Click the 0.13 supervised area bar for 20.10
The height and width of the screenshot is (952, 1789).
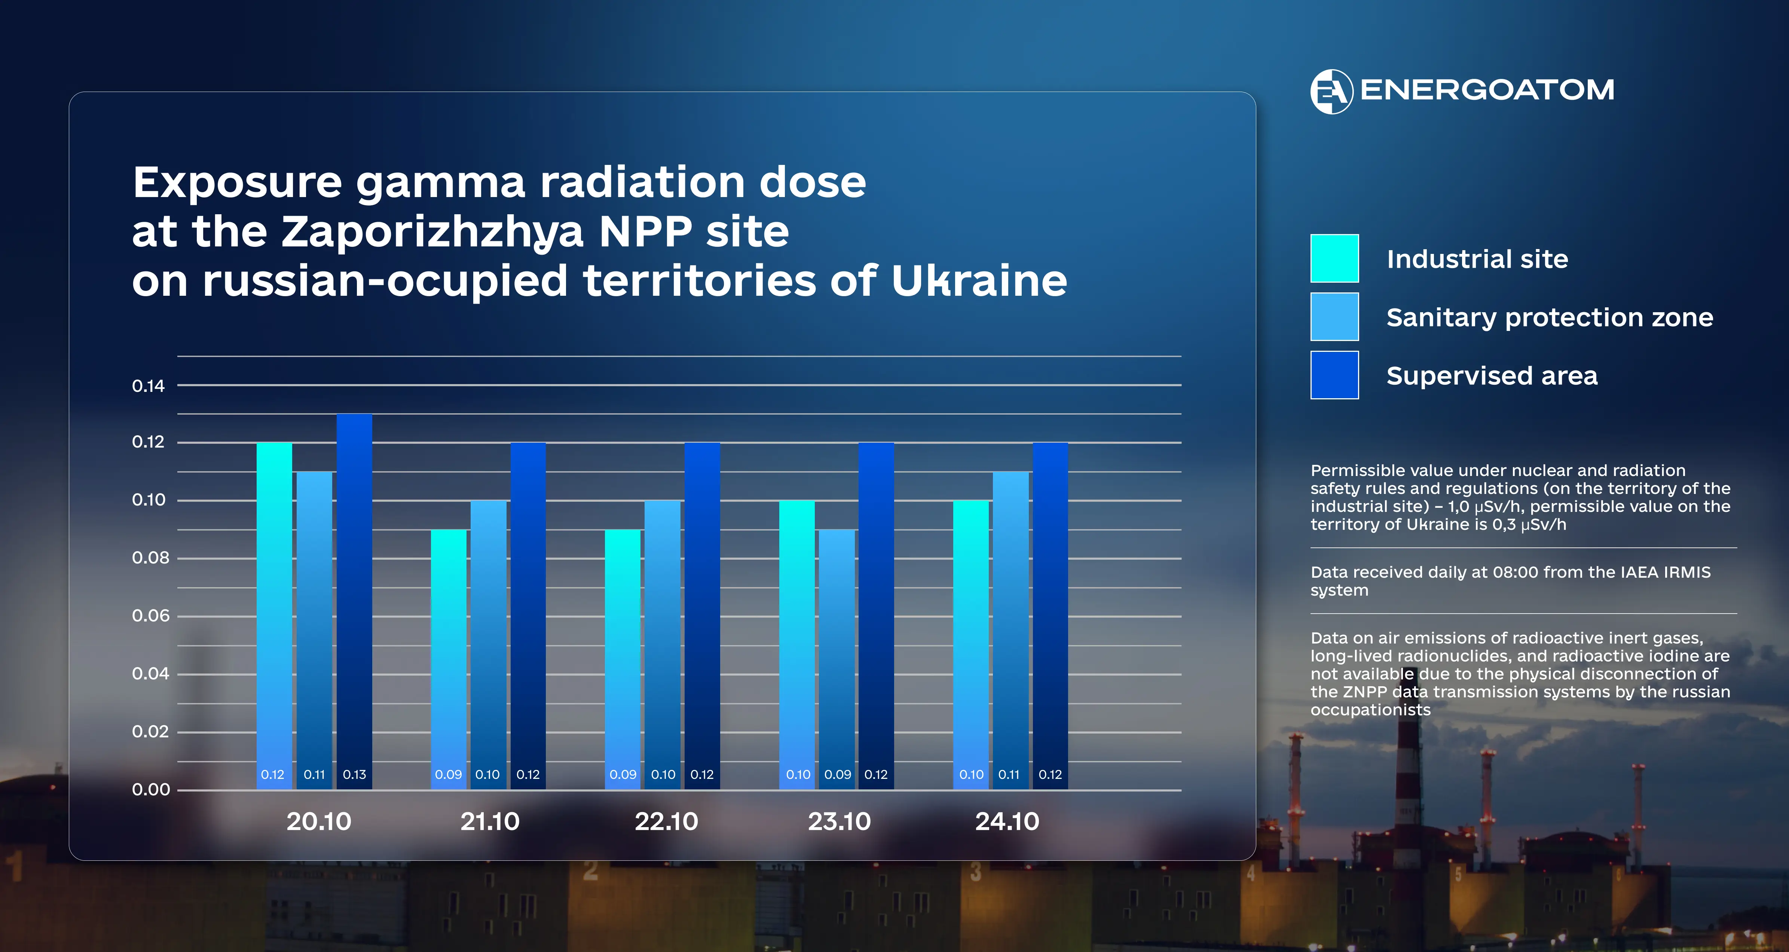[x=354, y=597]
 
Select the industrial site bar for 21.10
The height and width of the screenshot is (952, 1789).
[x=449, y=653]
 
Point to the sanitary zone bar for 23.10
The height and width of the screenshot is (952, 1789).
[x=837, y=653]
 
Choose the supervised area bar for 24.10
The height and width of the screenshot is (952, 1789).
[x=1050, y=611]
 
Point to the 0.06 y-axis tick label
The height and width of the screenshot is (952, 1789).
[x=150, y=616]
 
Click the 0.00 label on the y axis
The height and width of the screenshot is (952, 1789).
[x=151, y=789]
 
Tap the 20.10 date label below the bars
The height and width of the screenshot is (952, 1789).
[x=319, y=822]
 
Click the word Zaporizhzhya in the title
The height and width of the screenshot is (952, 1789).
[x=432, y=232]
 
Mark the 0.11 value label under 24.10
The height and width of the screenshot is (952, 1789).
[x=1009, y=774]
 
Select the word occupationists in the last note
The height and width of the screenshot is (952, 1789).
[x=1370, y=710]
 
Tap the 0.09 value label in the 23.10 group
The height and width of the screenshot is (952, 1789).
[x=838, y=774]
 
